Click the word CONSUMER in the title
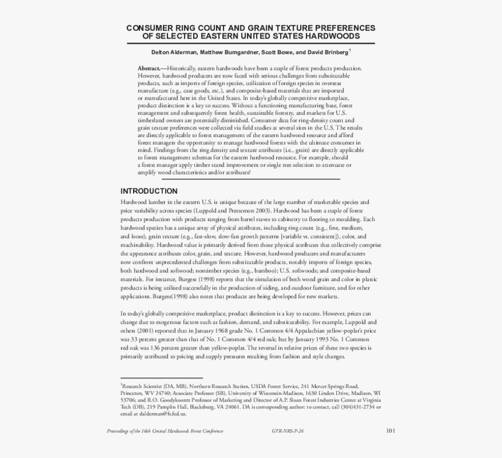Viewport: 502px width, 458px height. (151, 28)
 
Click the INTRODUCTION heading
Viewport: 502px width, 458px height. (149, 191)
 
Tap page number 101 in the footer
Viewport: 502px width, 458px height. (391, 431)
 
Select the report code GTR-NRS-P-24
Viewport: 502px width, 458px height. (288, 431)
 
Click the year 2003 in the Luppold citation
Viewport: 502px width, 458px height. (262, 209)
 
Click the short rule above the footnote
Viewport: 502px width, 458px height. (161, 378)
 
